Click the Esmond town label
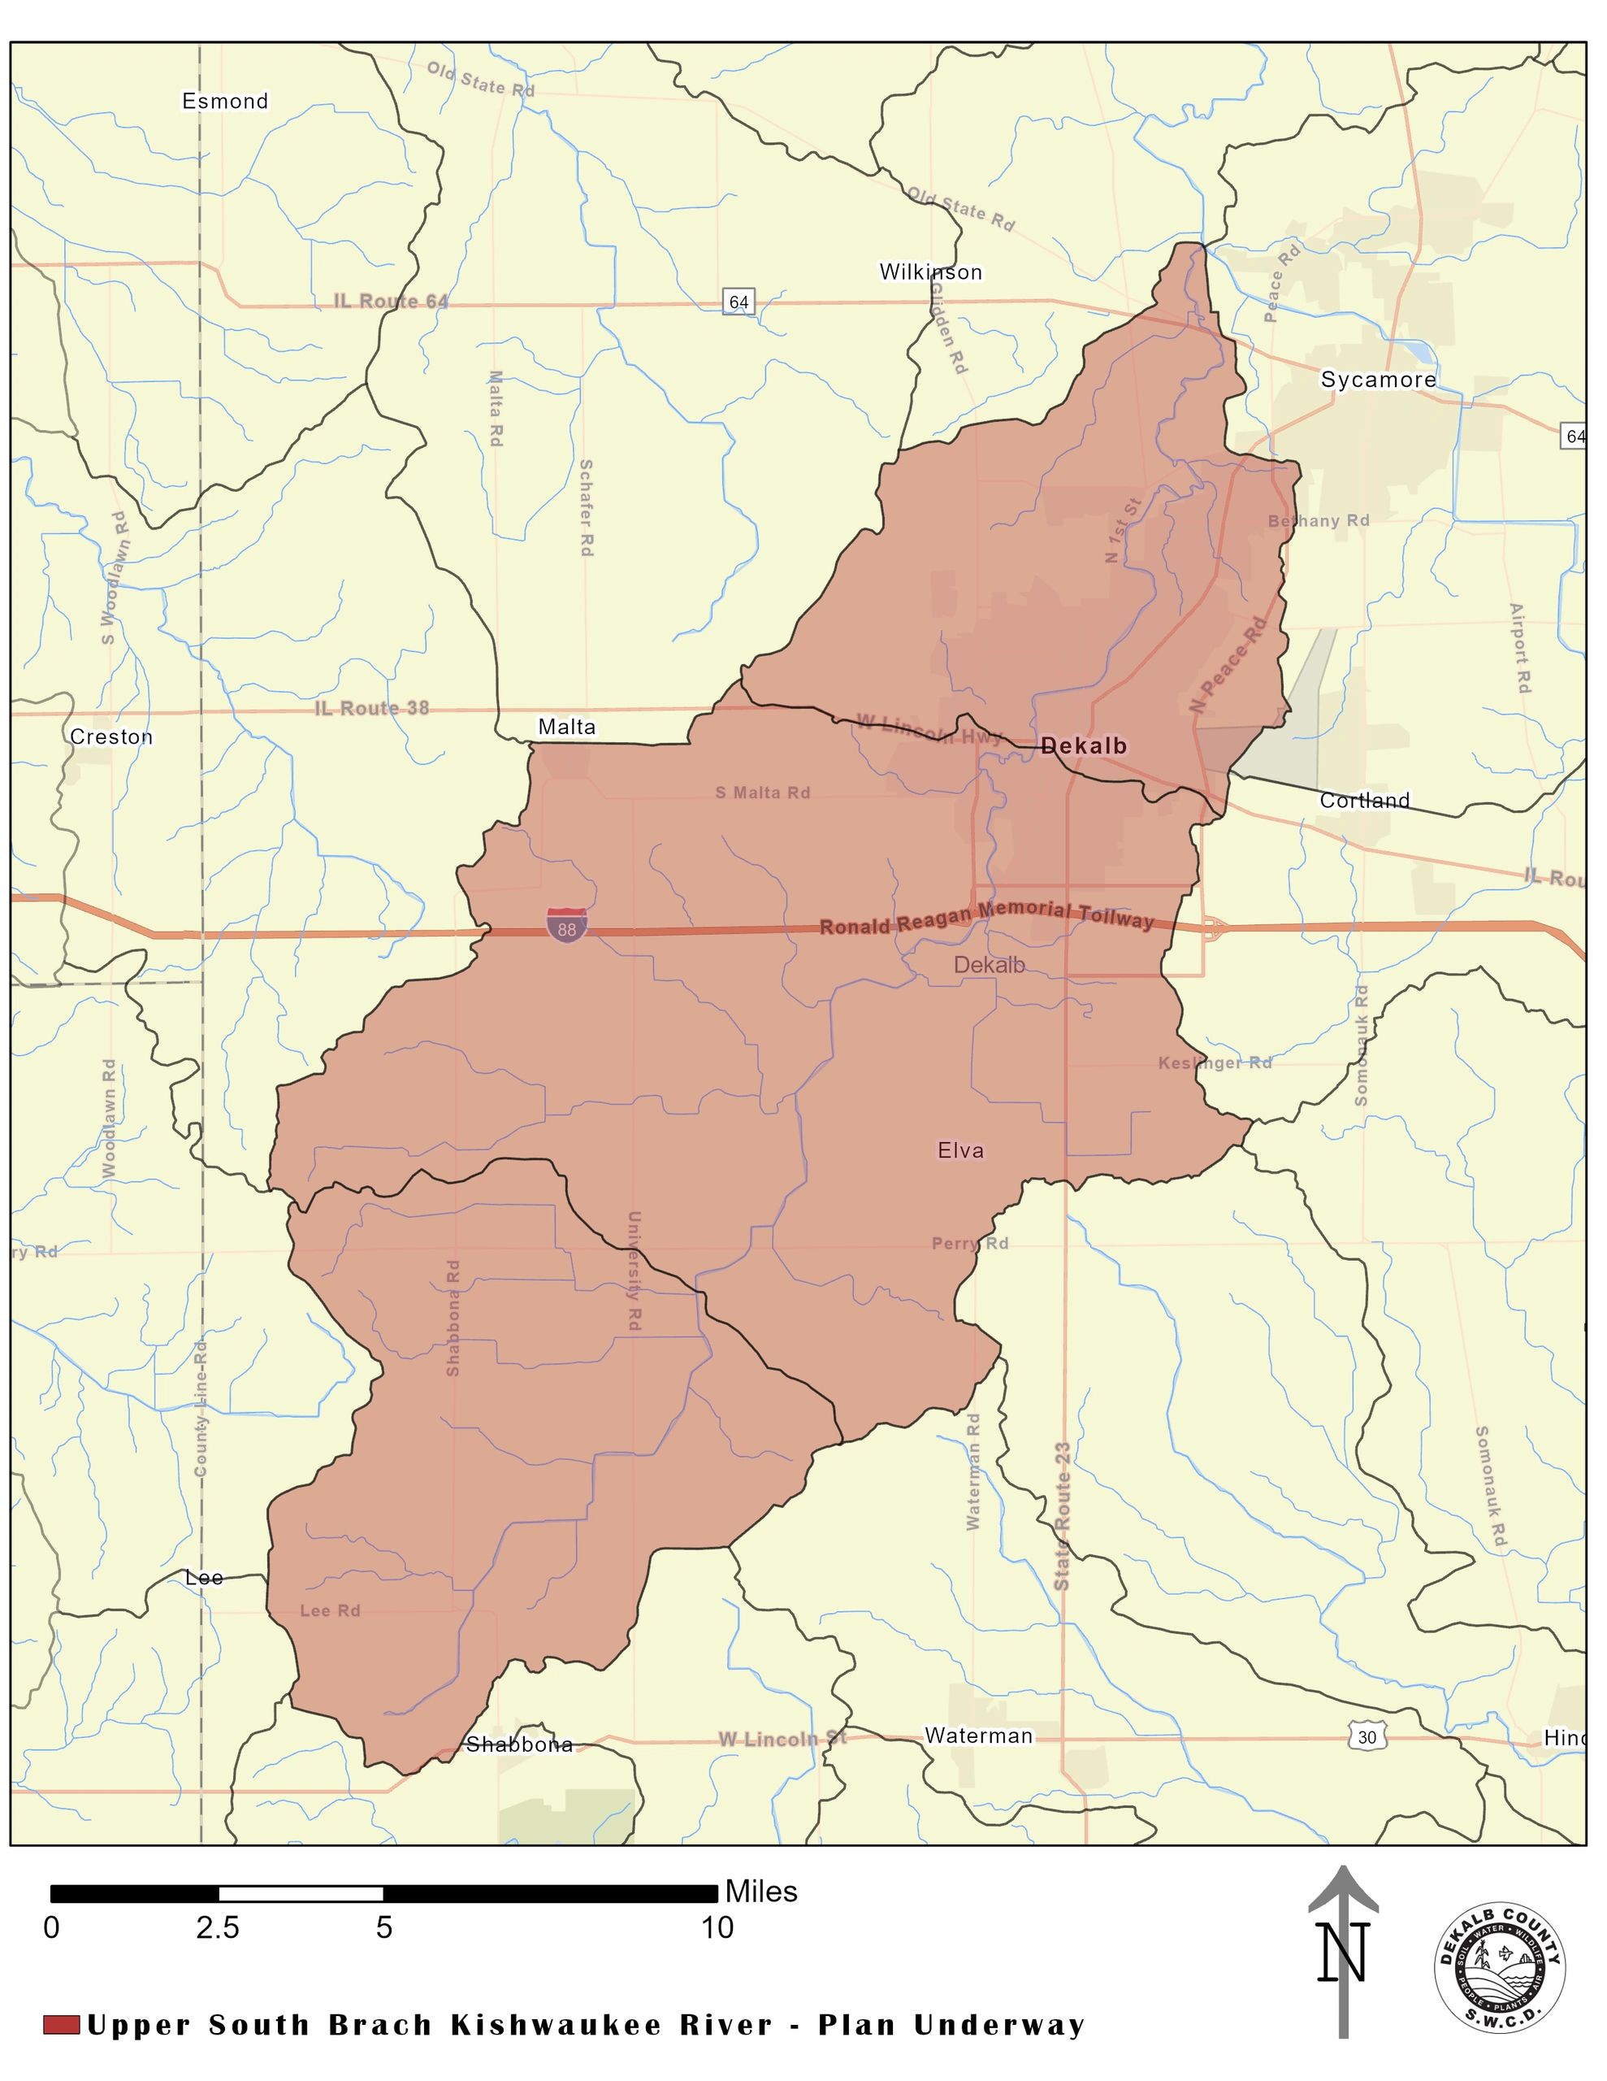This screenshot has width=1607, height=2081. pos(225,101)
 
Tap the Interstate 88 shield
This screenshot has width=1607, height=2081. pos(567,925)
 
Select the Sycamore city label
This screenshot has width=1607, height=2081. pos(1377,380)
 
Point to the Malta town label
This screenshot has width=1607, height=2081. pos(567,727)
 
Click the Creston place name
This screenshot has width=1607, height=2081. pos(111,736)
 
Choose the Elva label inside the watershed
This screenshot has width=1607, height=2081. pos(960,1150)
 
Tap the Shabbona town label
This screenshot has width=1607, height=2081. pos(519,1744)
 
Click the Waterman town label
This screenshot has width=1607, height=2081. pos(978,1736)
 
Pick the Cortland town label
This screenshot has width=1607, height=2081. pos(1364,801)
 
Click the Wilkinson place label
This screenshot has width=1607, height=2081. pos(931,272)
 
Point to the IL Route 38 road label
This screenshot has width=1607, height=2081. pos(371,708)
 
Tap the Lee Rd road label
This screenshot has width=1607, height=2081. pos(330,1610)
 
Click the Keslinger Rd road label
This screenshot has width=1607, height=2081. pos(1215,1063)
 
